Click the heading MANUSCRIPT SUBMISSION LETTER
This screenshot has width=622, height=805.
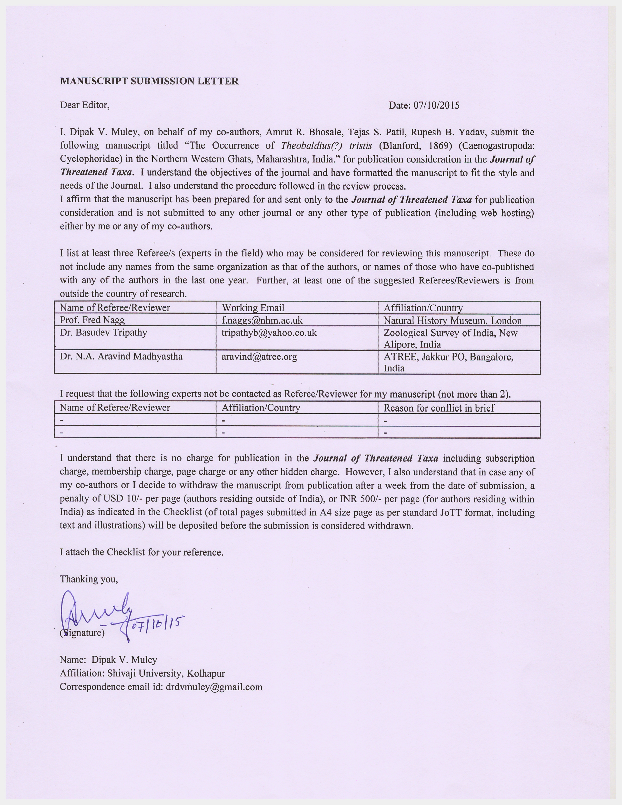point(149,81)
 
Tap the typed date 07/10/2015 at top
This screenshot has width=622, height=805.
point(436,106)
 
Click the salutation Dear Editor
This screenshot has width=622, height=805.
point(85,105)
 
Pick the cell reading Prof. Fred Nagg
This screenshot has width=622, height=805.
point(92,320)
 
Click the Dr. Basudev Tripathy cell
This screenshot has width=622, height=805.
point(103,332)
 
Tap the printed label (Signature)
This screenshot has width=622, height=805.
point(82,633)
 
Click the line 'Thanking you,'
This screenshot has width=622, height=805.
point(89,579)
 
